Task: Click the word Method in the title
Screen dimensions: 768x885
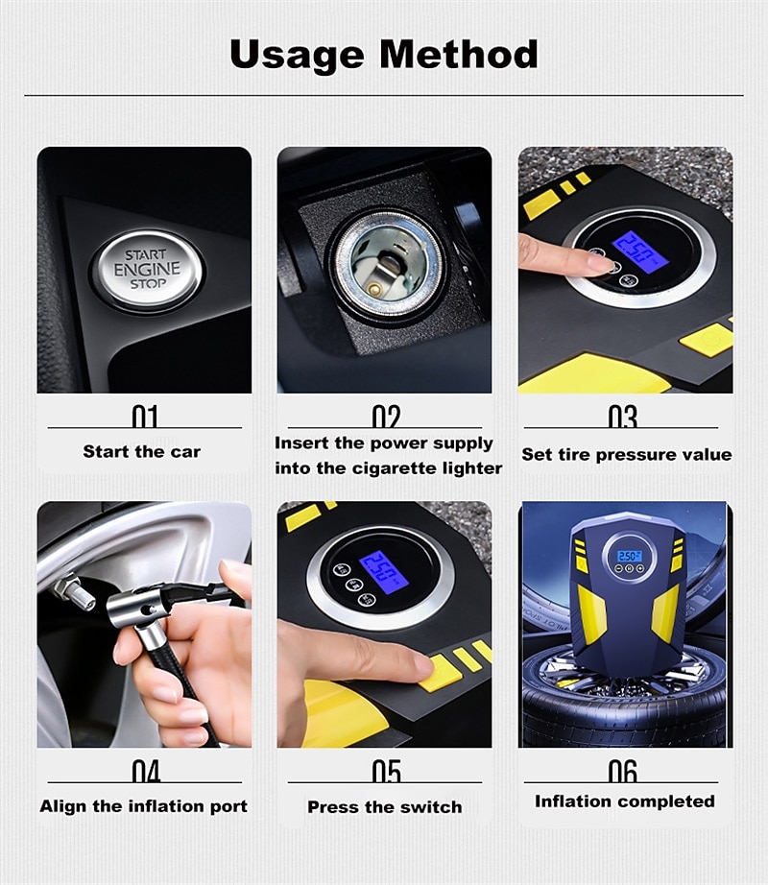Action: [459, 54]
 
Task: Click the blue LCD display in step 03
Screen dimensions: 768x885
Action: [640, 252]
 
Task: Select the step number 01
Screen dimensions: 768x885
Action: [144, 417]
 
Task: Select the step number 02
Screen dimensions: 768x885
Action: [386, 417]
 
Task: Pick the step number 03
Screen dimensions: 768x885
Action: [622, 417]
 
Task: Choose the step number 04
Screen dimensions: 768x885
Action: [146, 771]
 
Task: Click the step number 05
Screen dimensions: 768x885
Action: [387, 771]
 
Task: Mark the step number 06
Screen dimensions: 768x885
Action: [622, 771]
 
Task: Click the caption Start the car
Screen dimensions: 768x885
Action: [142, 451]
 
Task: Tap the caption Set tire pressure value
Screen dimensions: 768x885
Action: [626, 454]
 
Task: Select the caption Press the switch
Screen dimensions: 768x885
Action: [385, 807]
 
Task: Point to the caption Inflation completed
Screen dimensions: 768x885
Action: [625, 801]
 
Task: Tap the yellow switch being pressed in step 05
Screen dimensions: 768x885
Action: [440, 672]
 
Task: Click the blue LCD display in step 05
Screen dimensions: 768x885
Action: [383, 572]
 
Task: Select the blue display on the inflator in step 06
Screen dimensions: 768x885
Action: [629, 556]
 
